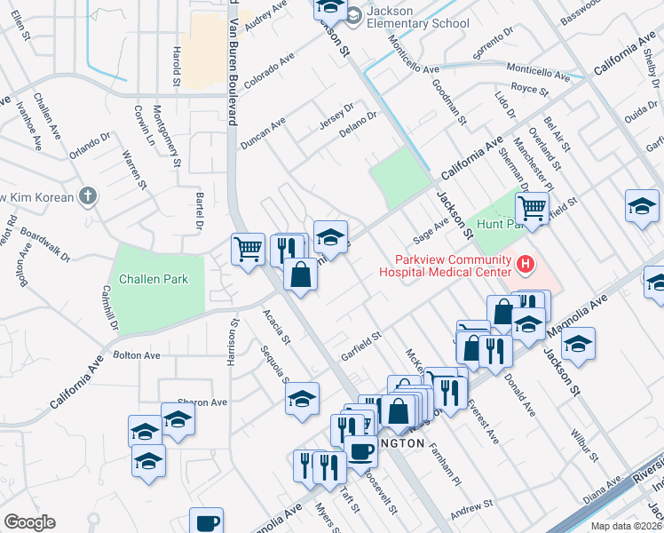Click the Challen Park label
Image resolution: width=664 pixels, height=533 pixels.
pyautogui.click(x=155, y=279)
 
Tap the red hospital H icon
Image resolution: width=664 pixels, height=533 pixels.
pyautogui.click(x=526, y=264)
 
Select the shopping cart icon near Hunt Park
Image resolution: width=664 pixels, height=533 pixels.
pyautogui.click(x=532, y=210)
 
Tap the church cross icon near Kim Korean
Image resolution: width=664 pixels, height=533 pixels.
pyautogui.click(x=87, y=195)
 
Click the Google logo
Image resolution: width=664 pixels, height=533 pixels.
pyautogui.click(x=29, y=522)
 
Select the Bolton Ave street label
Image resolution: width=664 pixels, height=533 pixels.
pyautogui.click(x=137, y=355)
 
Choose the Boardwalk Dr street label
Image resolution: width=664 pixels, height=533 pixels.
pyautogui.click(x=45, y=247)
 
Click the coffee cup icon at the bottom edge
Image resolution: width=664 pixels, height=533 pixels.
pyautogui.click(x=208, y=521)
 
